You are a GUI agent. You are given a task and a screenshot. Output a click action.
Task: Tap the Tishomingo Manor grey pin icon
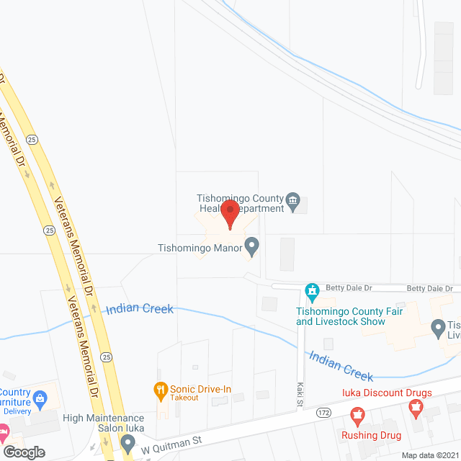pos(252,249)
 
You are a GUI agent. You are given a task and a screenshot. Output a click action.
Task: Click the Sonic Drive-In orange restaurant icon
pos(161,390)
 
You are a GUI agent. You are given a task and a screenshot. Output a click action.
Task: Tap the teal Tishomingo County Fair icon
pos(312,291)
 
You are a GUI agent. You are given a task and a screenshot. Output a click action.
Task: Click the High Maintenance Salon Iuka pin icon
pos(127,440)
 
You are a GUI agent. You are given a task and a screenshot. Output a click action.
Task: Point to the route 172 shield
pos(323,413)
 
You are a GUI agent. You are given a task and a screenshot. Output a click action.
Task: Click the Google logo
pos(24,452)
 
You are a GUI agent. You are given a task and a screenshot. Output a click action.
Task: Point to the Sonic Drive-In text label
pos(200,390)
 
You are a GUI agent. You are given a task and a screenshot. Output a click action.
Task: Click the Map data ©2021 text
pos(430,455)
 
